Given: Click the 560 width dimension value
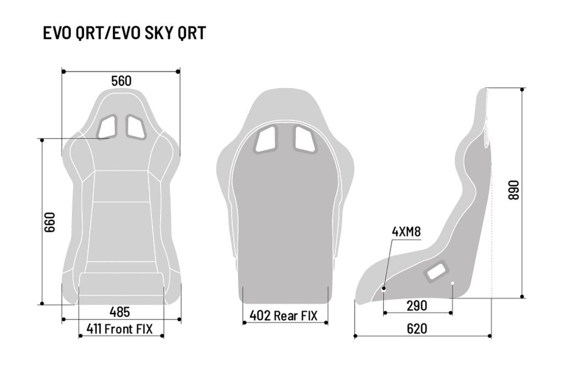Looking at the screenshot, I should (x=121, y=81).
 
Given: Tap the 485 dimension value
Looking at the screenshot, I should (x=119, y=312).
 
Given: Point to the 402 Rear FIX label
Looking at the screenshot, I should (x=284, y=316).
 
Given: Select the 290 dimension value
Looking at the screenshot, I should (x=417, y=306).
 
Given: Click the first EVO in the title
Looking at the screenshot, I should (x=57, y=33).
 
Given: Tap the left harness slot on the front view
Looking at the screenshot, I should (x=108, y=127).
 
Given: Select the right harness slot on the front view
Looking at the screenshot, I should (x=134, y=126).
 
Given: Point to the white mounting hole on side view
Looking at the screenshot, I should (x=452, y=284).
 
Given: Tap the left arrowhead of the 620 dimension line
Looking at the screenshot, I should (x=356, y=335).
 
